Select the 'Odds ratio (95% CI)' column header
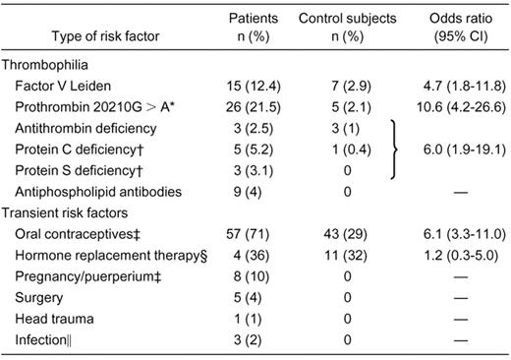(452, 28)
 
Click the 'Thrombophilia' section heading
(48, 67)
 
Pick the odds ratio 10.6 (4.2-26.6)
(452, 114)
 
